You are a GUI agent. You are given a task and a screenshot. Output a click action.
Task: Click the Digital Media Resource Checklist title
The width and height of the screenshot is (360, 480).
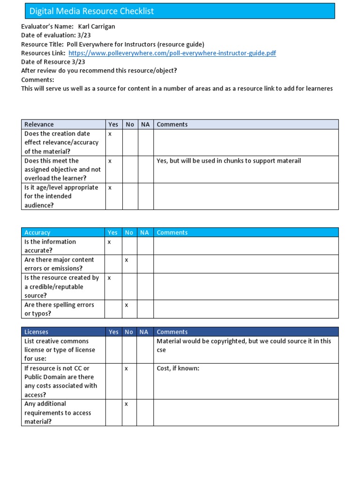[91, 11]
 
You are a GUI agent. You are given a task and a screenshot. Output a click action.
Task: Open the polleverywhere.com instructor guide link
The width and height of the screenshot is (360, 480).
[172, 53]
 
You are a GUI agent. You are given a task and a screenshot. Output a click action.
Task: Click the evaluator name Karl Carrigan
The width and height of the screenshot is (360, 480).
[99, 26]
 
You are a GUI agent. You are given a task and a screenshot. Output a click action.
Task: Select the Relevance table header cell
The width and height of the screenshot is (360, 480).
[39, 124]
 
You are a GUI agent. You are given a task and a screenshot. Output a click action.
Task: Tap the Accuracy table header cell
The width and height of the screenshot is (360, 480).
[37, 232]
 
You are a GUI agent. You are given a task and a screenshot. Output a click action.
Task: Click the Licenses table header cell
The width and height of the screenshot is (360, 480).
[36, 332]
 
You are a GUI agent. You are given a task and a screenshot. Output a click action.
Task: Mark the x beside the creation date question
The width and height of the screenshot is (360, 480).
[110, 134]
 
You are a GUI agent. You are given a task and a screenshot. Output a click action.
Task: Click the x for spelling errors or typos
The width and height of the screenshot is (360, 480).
[126, 305]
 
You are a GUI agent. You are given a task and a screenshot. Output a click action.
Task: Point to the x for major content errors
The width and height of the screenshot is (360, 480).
[126, 260]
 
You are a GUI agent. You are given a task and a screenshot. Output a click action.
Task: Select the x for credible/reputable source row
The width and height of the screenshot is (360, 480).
[109, 277]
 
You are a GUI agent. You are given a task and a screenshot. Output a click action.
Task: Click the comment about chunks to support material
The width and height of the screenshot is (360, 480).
[229, 161]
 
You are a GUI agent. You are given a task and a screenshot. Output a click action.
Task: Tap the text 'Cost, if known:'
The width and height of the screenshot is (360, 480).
[178, 368]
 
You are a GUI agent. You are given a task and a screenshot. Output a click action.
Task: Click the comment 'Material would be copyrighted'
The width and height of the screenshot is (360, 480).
[243, 341]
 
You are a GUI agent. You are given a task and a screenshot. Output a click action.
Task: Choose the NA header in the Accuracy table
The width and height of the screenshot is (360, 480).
[144, 232]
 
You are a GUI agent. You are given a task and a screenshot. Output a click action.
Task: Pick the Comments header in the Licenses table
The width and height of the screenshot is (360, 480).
[172, 332]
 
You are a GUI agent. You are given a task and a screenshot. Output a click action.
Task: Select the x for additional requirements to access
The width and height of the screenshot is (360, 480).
[126, 404]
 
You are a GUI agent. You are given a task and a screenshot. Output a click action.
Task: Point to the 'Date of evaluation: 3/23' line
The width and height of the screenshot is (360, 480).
[48, 35]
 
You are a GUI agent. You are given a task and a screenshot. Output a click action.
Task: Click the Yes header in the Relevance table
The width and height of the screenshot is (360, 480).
[113, 124]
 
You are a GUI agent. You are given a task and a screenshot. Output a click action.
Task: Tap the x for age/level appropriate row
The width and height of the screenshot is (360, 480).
[110, 187]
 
